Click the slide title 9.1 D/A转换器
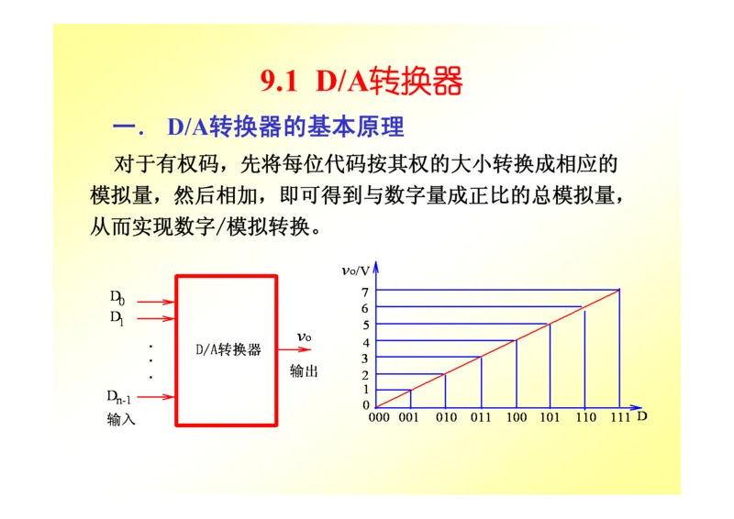[361, 82]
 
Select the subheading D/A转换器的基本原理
[285, 127]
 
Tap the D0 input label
[117, 297]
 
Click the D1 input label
[117, 317]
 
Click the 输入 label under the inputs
[121, 419]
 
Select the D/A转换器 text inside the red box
[228, 349]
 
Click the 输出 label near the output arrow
[305, 371]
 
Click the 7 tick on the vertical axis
[365, 292]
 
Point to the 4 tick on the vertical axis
[365, 342]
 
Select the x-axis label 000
[378, 417]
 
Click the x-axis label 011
[481, 417]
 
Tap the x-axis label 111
[619, 417]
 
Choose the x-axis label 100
[516, 417]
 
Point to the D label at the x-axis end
[642, 416]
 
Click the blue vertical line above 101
[550, 365]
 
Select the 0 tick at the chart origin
[365, 404]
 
